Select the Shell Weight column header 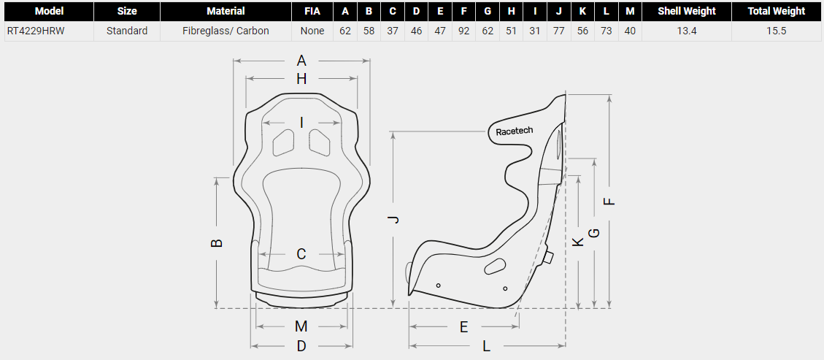[686, 11]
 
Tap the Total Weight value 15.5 [776, 31]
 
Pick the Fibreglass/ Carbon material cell [226, 31]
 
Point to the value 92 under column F [463, 31]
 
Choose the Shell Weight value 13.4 [686, 31]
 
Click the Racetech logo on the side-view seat [514, 131]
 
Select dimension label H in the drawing [301, 79]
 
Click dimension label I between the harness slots [301, 122]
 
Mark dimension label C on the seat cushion [301, 254]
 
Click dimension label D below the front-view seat [301, 346]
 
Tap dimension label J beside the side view [393, 220]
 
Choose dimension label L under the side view [487, 346]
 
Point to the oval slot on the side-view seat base [496, 266]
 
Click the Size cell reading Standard [126, 31]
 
